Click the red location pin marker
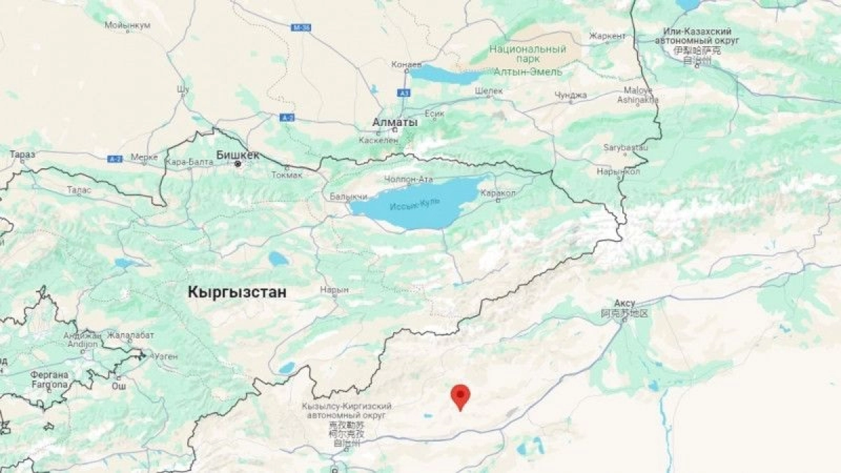click(460, 396)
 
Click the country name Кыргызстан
click(237, 292)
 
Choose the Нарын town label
click(334, 289)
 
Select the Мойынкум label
click(127, 26)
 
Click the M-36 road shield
click(301, 27)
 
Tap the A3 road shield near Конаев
click(404, 92)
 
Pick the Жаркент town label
click(607, 36)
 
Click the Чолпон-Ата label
click(409, 179)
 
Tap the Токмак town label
click(285, 175)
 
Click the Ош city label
click(119, 386)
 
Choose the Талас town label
click(78, 189)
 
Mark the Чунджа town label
click(570, 95)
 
